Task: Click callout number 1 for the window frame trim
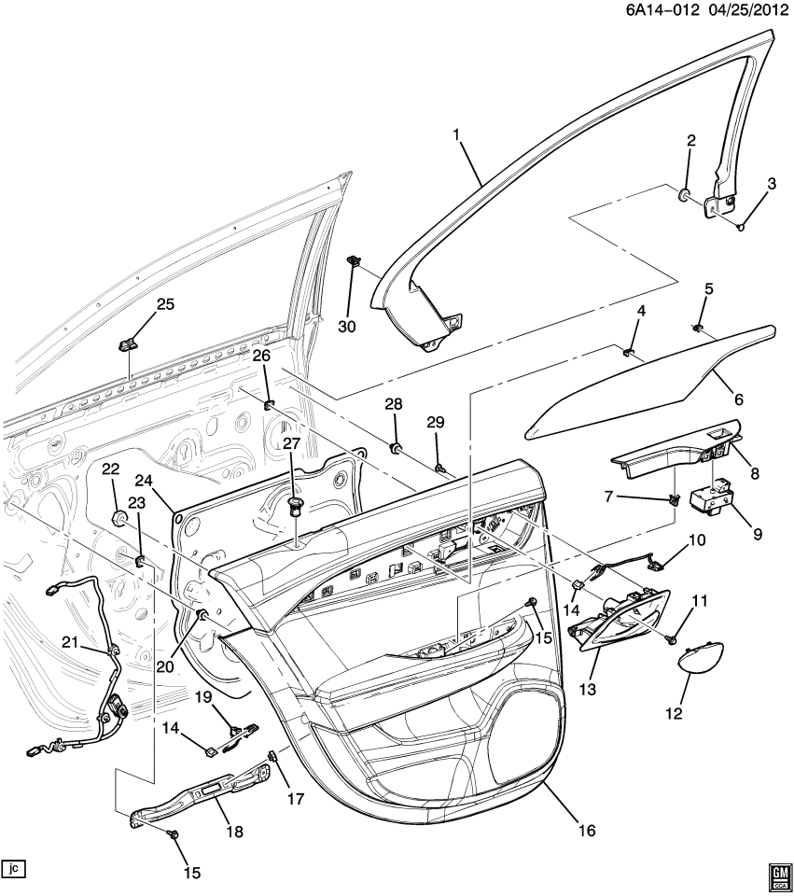(457, 135)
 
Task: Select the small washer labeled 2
(685, 196)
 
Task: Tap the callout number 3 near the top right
(772, 184)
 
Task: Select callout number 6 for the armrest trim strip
(738, 399)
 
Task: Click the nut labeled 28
(397, 451)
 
